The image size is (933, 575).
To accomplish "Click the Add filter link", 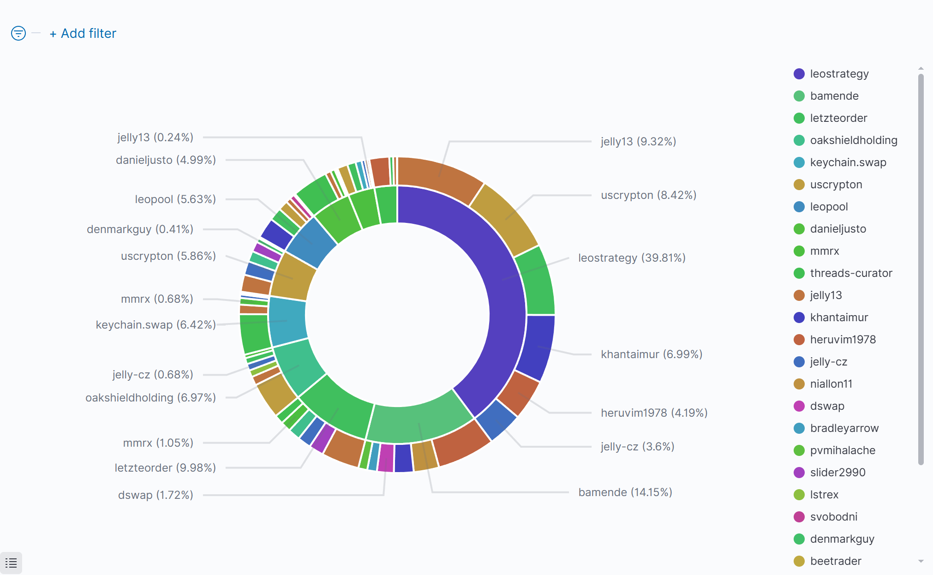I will coord(84,34).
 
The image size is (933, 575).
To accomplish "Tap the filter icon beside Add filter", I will coord(18,33).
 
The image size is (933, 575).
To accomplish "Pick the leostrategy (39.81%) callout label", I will coord(632,258).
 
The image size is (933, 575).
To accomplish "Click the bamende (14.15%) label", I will coord(625,492).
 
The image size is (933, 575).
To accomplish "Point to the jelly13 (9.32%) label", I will coord(638,142).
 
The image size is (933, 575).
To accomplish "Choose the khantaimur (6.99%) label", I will coord(651,354).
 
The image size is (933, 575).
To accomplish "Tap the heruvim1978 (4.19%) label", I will coord(654,413).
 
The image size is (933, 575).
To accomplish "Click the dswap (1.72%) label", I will coord(155,495).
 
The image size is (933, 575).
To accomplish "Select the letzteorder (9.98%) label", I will coord(165,468).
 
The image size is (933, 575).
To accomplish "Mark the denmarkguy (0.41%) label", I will coord(140,229).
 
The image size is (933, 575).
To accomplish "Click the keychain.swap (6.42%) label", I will coord(155,325).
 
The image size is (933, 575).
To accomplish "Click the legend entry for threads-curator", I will coord(851,273).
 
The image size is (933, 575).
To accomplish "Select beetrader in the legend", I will coord(836,561).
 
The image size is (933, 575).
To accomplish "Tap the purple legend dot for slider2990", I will coord(799,473).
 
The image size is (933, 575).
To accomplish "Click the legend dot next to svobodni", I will coord(799,517).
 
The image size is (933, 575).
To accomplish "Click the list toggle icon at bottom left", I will coord(11,563).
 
